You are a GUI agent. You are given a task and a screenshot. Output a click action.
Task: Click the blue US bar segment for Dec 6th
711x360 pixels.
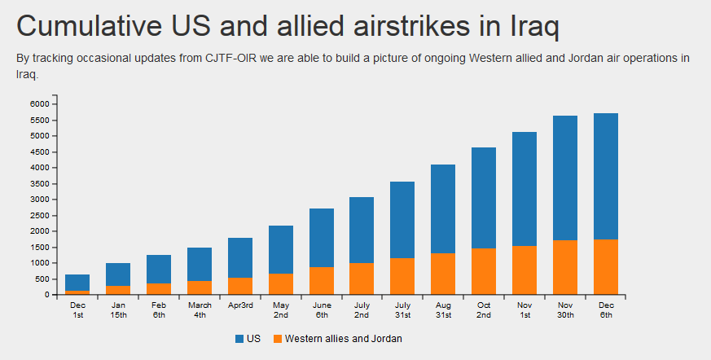[606, 176]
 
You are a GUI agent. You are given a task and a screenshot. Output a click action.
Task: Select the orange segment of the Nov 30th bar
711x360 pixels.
[565, 267]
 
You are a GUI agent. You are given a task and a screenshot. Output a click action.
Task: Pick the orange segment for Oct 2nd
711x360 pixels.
[484, 271]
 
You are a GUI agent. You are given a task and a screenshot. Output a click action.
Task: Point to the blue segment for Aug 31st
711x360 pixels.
[443, 209]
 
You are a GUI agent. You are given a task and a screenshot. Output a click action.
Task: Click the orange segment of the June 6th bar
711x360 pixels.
[322, 281]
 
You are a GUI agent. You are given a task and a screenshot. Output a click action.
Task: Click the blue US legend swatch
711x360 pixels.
[239, 338]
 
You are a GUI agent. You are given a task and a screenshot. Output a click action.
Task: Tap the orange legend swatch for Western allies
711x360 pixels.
[278, 338]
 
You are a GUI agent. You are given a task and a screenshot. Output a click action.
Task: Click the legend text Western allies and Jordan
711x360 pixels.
[343, 338]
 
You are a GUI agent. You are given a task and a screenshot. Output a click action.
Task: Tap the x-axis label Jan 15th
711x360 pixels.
[118, 310]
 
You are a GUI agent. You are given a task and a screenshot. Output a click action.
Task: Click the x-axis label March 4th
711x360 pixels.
[200, 310]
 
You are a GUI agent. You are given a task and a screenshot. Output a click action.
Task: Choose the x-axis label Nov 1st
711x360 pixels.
[524, 310]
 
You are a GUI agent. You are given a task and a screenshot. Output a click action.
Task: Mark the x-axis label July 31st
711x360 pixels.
[402, 310]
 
